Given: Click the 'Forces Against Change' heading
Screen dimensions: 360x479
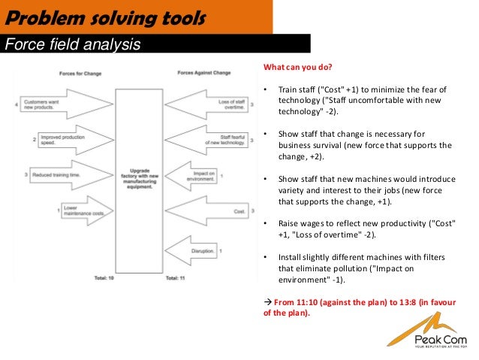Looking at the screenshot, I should click(204, 73).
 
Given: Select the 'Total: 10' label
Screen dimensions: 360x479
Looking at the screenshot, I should click(104, 277).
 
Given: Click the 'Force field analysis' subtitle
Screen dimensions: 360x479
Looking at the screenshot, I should click(72, 44).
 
